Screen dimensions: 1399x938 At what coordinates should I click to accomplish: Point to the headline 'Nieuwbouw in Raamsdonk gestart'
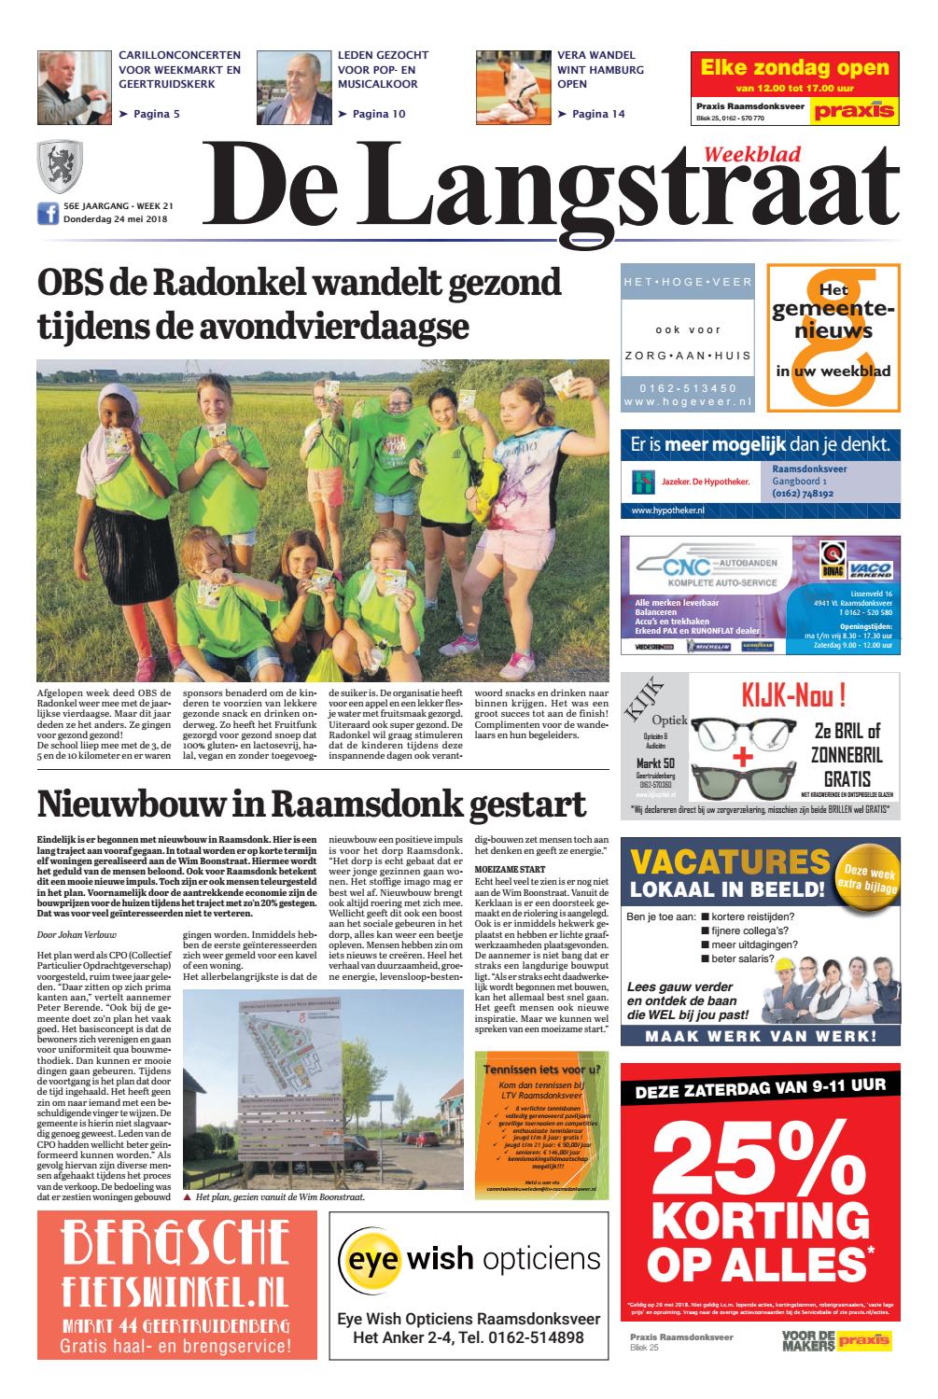(x=311, y=804)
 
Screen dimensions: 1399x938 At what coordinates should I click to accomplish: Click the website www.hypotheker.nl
(x=667, y=511)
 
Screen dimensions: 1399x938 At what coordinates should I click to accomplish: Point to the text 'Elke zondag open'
(x=794, y=67)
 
